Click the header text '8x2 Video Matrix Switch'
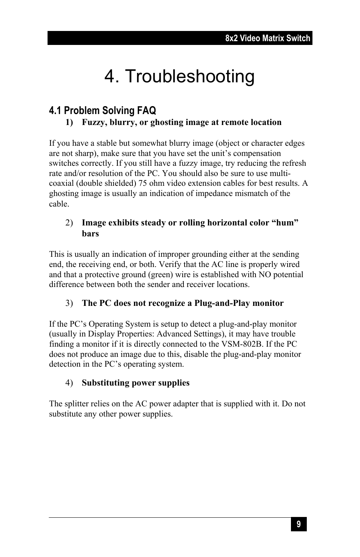[268, 38]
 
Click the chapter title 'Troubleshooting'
[189, 77]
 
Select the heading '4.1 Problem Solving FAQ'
[102, 111]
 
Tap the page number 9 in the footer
[298, 524]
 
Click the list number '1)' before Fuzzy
[69, 122]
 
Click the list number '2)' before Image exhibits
[69, 223]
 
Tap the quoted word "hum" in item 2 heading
[285, 223]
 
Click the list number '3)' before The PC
[69, 303]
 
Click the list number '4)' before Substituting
[69, 383]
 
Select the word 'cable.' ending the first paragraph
[59, 204]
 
